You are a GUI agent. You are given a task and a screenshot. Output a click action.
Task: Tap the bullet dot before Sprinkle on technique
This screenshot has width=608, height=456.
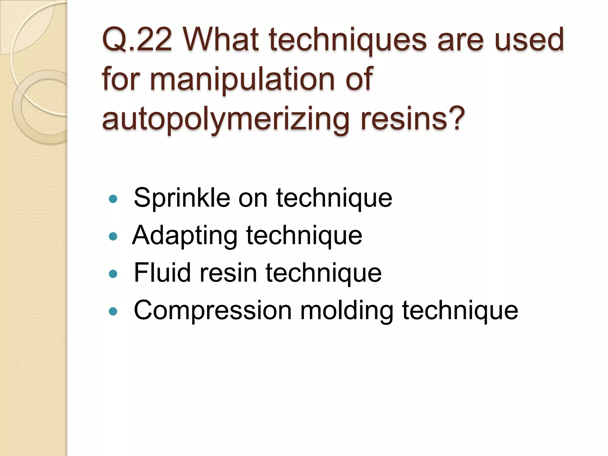click(113, 199)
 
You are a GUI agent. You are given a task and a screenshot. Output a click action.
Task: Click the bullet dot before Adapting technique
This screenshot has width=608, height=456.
click(113, 236)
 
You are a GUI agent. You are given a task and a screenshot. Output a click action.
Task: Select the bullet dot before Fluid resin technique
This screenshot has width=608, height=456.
click(113, 274)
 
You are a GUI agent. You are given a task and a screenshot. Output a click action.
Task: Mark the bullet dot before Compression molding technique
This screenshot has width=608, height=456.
click(113, 311)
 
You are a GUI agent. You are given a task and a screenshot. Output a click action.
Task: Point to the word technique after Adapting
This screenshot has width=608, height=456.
click(304, 235)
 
